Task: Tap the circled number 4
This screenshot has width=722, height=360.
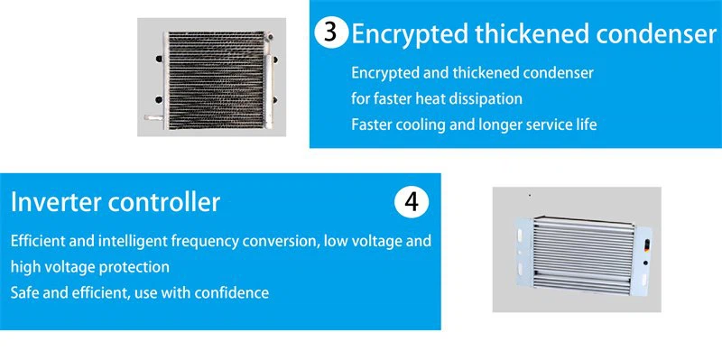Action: [412, 201]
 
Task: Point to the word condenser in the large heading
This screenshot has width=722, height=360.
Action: [656, 34]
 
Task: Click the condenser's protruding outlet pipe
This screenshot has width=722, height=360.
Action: [153, 118]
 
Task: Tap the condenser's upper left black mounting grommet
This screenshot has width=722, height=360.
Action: [159, 59]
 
